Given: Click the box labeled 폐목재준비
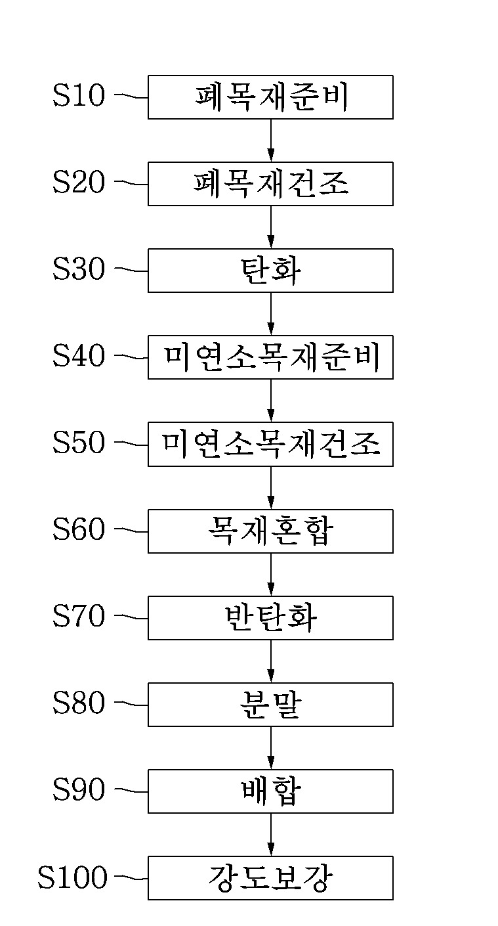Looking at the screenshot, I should (x=270, y=97).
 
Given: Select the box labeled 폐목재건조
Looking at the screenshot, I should (x=270, y=184).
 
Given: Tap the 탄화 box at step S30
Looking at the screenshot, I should (x=270, y=271).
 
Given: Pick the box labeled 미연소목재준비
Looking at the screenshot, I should (x=270, y=357).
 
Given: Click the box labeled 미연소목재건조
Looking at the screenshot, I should (x=270, y=444).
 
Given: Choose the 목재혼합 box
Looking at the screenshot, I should (x=270, y=531).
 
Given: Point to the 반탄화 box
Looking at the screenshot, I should (x=270, y=617).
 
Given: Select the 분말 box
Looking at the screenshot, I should (x=270, y=704).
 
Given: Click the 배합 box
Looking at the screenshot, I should (x=270, y=791).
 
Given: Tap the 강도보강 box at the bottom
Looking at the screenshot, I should (x=270, y=877).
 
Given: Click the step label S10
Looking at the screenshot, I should (x=79, y=97).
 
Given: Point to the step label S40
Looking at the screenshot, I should (x=79, y=357).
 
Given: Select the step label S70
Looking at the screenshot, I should (x=79, y=617).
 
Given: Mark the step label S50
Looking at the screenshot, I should (x=79, y=443).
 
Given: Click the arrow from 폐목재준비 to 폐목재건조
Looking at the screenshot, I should (x=270, y=141).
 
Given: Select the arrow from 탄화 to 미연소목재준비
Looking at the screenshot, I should (x=270, y=314).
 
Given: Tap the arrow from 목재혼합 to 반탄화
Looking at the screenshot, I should (x=270, y=574).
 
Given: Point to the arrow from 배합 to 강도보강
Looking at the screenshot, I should (x=270, y=834).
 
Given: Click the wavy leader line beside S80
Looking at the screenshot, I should (x=131, y=704).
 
